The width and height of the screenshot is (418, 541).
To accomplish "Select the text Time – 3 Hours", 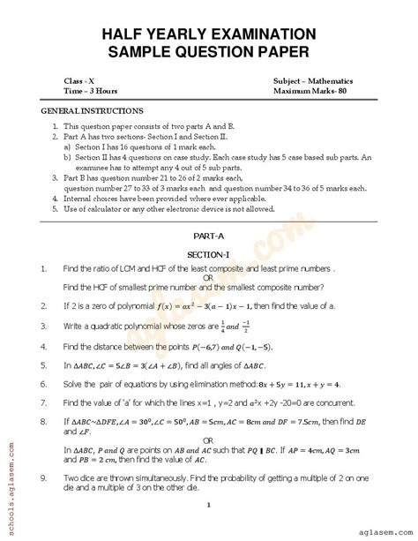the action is click(x=91, y=91).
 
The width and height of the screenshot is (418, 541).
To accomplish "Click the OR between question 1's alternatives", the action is click(x=208, y=277).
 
